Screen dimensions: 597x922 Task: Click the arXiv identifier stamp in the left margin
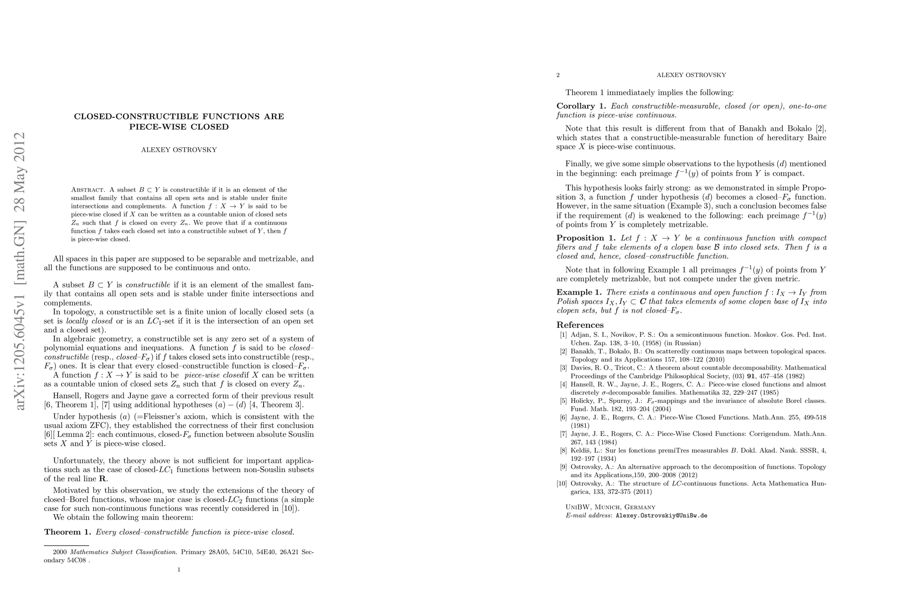point(20,271)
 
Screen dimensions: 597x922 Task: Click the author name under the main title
point(179,150)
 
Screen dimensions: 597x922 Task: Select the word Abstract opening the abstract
point(88,190)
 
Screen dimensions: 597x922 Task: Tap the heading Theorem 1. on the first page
point(67,532)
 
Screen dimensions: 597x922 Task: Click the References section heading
point(580,325)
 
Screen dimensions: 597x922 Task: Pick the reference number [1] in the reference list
point(563,335)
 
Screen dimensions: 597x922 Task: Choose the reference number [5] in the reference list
point(563,401)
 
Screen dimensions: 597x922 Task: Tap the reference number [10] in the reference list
point(562,484)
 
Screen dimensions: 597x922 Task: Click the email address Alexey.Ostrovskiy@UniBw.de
point(661,516)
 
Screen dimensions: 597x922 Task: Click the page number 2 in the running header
point(558,75)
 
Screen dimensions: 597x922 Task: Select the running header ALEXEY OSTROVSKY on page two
point(691,75)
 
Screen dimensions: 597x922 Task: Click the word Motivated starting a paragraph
point(73,491)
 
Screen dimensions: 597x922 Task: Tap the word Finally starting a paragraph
point(578,164)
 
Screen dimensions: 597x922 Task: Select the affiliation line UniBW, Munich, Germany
point(610,507)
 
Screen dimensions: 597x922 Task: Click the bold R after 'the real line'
point(102,479)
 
